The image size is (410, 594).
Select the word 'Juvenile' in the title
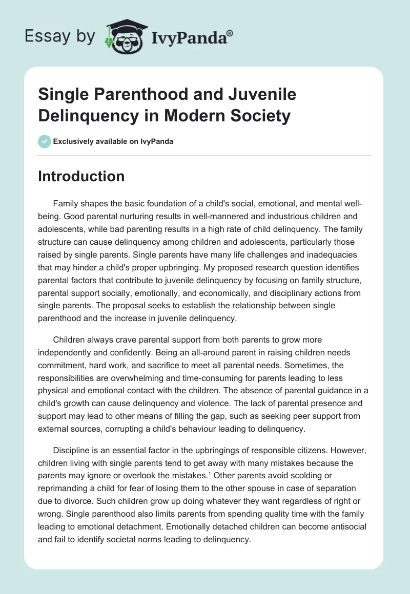(x=264, y=94)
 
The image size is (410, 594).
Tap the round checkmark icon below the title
(x=44, y=141)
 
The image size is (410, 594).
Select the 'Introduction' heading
(x=81, y=176)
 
